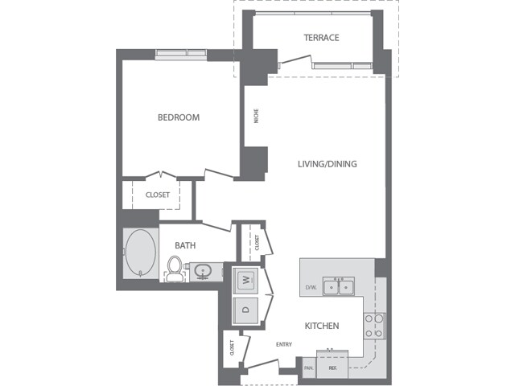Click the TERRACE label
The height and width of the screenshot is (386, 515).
(321, 38)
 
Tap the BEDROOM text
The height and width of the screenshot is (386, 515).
(178, 117)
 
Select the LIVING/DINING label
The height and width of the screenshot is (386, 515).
(327, 164)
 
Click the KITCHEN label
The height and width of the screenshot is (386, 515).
(321, 326)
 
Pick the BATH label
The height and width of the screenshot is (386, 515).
(185, 245)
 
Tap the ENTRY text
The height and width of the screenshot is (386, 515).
(283, 345)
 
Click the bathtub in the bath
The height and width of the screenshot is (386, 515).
(142, 254)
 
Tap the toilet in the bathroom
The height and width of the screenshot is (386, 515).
(174, 268)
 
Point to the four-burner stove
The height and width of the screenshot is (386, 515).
(374, 325)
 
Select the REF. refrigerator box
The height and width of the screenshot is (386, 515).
(331, 368)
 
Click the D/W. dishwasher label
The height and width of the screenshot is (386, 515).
(311, 286)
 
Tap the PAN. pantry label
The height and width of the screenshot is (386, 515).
(308, 368)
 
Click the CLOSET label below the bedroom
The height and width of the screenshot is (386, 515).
(158, 195)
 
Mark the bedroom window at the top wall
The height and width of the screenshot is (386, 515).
(181, 54)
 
